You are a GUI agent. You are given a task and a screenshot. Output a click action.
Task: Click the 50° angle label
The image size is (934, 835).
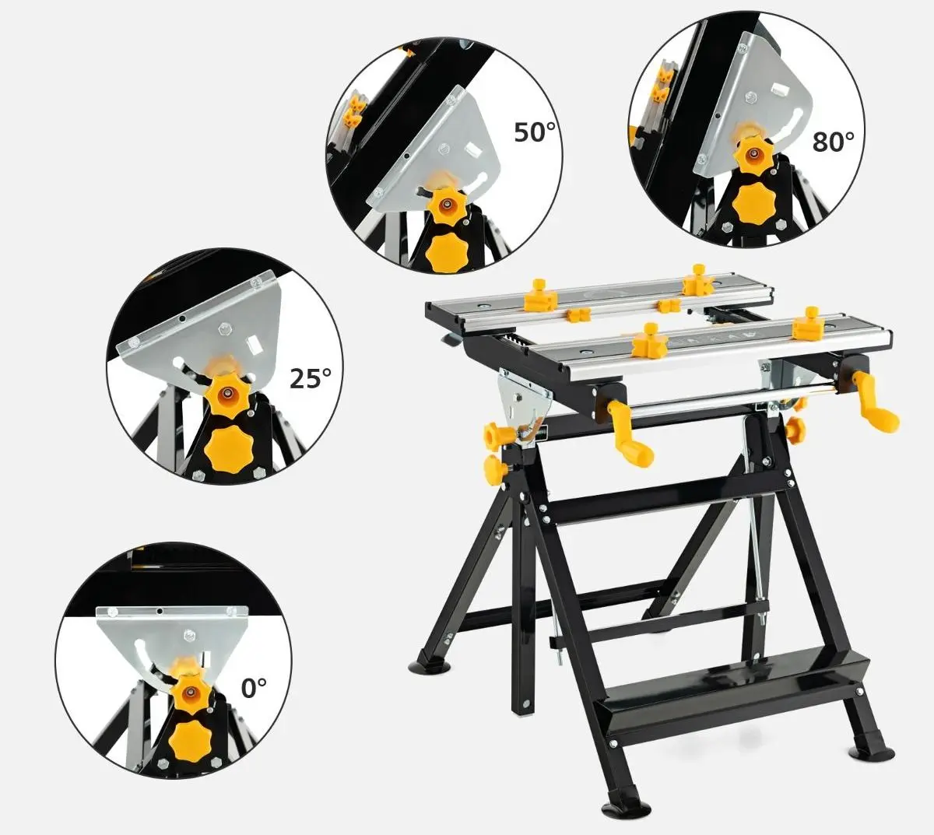(x=535, y=132)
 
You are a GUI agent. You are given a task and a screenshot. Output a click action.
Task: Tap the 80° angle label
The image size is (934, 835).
(x=833, y=141)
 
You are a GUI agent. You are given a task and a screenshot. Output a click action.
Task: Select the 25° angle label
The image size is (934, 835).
(x=310, y=378)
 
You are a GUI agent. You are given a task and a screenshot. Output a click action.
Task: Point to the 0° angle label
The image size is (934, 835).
(x=254, y=688)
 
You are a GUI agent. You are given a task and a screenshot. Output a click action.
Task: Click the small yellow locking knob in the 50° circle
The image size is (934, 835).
(x=446, y=203)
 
